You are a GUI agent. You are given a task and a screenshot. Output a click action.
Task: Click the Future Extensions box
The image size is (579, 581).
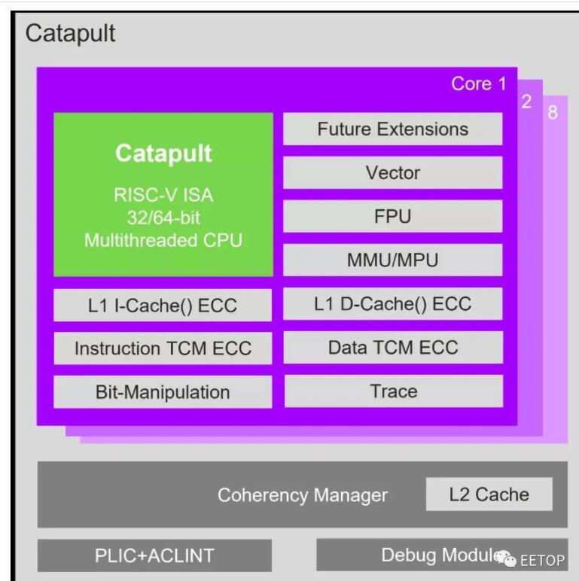[392, 129]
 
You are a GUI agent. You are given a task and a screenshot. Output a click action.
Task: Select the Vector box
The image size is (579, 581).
[392, 172]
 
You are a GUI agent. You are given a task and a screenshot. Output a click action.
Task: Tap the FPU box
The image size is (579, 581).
[392, 217]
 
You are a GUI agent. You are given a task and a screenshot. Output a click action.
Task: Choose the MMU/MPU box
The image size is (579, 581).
[392, 260]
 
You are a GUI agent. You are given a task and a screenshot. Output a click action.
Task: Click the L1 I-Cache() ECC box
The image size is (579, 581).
[163, 306]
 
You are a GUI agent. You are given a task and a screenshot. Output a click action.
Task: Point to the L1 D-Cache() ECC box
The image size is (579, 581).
[392, 304]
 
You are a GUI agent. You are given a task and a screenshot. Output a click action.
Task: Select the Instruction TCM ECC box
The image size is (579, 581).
[163, 348]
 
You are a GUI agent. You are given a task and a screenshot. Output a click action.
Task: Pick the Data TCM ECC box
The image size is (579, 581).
[393, 348]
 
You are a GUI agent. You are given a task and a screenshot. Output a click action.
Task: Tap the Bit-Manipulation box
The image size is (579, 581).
[163, 392]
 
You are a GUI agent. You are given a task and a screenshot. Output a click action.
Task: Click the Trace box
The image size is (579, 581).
[394, 391]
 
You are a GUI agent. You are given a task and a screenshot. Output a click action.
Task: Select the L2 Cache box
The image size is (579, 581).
[489, 494]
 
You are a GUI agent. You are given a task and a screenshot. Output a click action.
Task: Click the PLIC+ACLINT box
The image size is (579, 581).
[154, 555]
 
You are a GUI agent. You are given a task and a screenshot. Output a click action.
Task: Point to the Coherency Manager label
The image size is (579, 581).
[303, 495]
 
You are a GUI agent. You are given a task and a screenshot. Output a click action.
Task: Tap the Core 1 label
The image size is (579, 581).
[479, 84]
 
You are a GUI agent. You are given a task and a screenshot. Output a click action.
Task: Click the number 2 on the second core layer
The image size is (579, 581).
[527, 102]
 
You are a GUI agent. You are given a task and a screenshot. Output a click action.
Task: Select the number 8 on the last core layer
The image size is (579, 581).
[553, 112]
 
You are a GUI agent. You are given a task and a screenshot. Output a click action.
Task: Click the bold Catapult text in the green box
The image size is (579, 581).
[163, 154]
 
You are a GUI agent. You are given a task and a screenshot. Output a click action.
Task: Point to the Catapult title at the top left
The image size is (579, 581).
[71, 34]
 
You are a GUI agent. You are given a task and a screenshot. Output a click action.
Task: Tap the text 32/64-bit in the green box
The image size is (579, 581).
[163, 217]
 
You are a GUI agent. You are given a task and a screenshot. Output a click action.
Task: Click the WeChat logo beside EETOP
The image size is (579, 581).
[505, 558]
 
